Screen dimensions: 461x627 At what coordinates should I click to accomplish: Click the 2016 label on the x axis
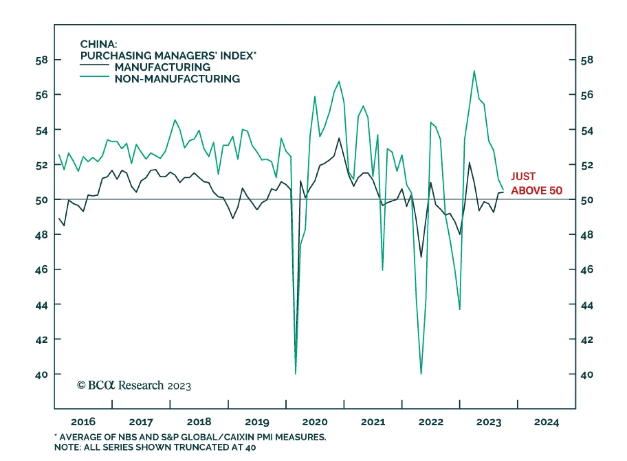click(x=83, y=422)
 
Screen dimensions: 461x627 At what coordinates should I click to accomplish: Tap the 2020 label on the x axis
click(x=315, y=422)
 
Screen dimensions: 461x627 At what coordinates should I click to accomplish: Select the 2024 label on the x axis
click(x=546, y=422)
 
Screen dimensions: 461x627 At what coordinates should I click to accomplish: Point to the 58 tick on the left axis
click(x=42, y=60)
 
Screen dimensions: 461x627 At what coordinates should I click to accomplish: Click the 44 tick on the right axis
click(x=587, y=305)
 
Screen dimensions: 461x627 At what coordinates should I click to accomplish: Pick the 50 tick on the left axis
click(x=42, y=200)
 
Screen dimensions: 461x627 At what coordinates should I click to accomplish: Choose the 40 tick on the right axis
click(x=587, y=374)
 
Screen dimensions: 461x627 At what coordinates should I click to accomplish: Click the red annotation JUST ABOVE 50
click(x=536, y=183)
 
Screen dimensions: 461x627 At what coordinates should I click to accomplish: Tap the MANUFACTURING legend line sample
click(x=94, y=65)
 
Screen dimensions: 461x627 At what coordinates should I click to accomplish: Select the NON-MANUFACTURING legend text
click(x=177, y=79)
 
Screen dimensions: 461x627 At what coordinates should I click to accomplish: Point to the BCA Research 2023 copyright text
click(x=134, y=385)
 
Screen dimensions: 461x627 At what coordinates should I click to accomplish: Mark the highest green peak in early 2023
click(x=474, y=71)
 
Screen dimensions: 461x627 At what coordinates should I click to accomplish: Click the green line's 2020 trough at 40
click(x=295, y=374)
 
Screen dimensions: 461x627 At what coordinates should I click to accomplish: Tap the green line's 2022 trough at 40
click(x=421, y=374)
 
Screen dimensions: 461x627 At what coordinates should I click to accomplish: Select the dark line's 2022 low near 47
click(x=421, y=257)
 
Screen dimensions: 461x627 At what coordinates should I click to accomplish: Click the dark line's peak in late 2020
click(x=339, y=138)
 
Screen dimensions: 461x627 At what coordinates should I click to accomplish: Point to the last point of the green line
click(x=503, y=190)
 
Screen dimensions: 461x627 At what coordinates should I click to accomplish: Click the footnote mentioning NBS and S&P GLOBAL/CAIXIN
click(x=190, y=437)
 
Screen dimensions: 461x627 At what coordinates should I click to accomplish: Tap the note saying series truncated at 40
click(x=155, y=447)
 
